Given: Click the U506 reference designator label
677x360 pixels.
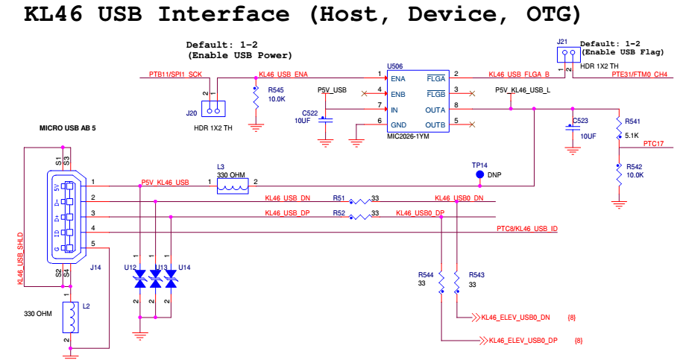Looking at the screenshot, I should click(395, 66).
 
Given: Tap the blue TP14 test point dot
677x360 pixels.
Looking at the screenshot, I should click(480, 175).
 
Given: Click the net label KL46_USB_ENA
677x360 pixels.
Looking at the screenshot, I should click(283, 75).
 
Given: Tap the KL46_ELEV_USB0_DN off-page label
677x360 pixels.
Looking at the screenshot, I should click(514, 318).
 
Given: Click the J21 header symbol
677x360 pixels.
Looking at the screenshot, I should click(567, 54).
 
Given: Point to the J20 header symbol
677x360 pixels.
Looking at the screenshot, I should click(214, 111).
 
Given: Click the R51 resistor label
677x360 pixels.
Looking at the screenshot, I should click(338, 199).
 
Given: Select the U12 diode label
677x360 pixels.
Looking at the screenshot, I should click(131, 267).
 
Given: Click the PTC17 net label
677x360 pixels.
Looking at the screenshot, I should click(653, 143).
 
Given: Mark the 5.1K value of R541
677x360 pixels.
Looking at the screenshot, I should click(632, 136).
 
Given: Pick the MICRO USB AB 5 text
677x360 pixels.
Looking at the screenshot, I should click(67, 128).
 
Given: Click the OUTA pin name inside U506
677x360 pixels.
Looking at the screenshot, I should click(435, 109).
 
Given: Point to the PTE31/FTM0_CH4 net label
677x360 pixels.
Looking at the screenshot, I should click(639, 75).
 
